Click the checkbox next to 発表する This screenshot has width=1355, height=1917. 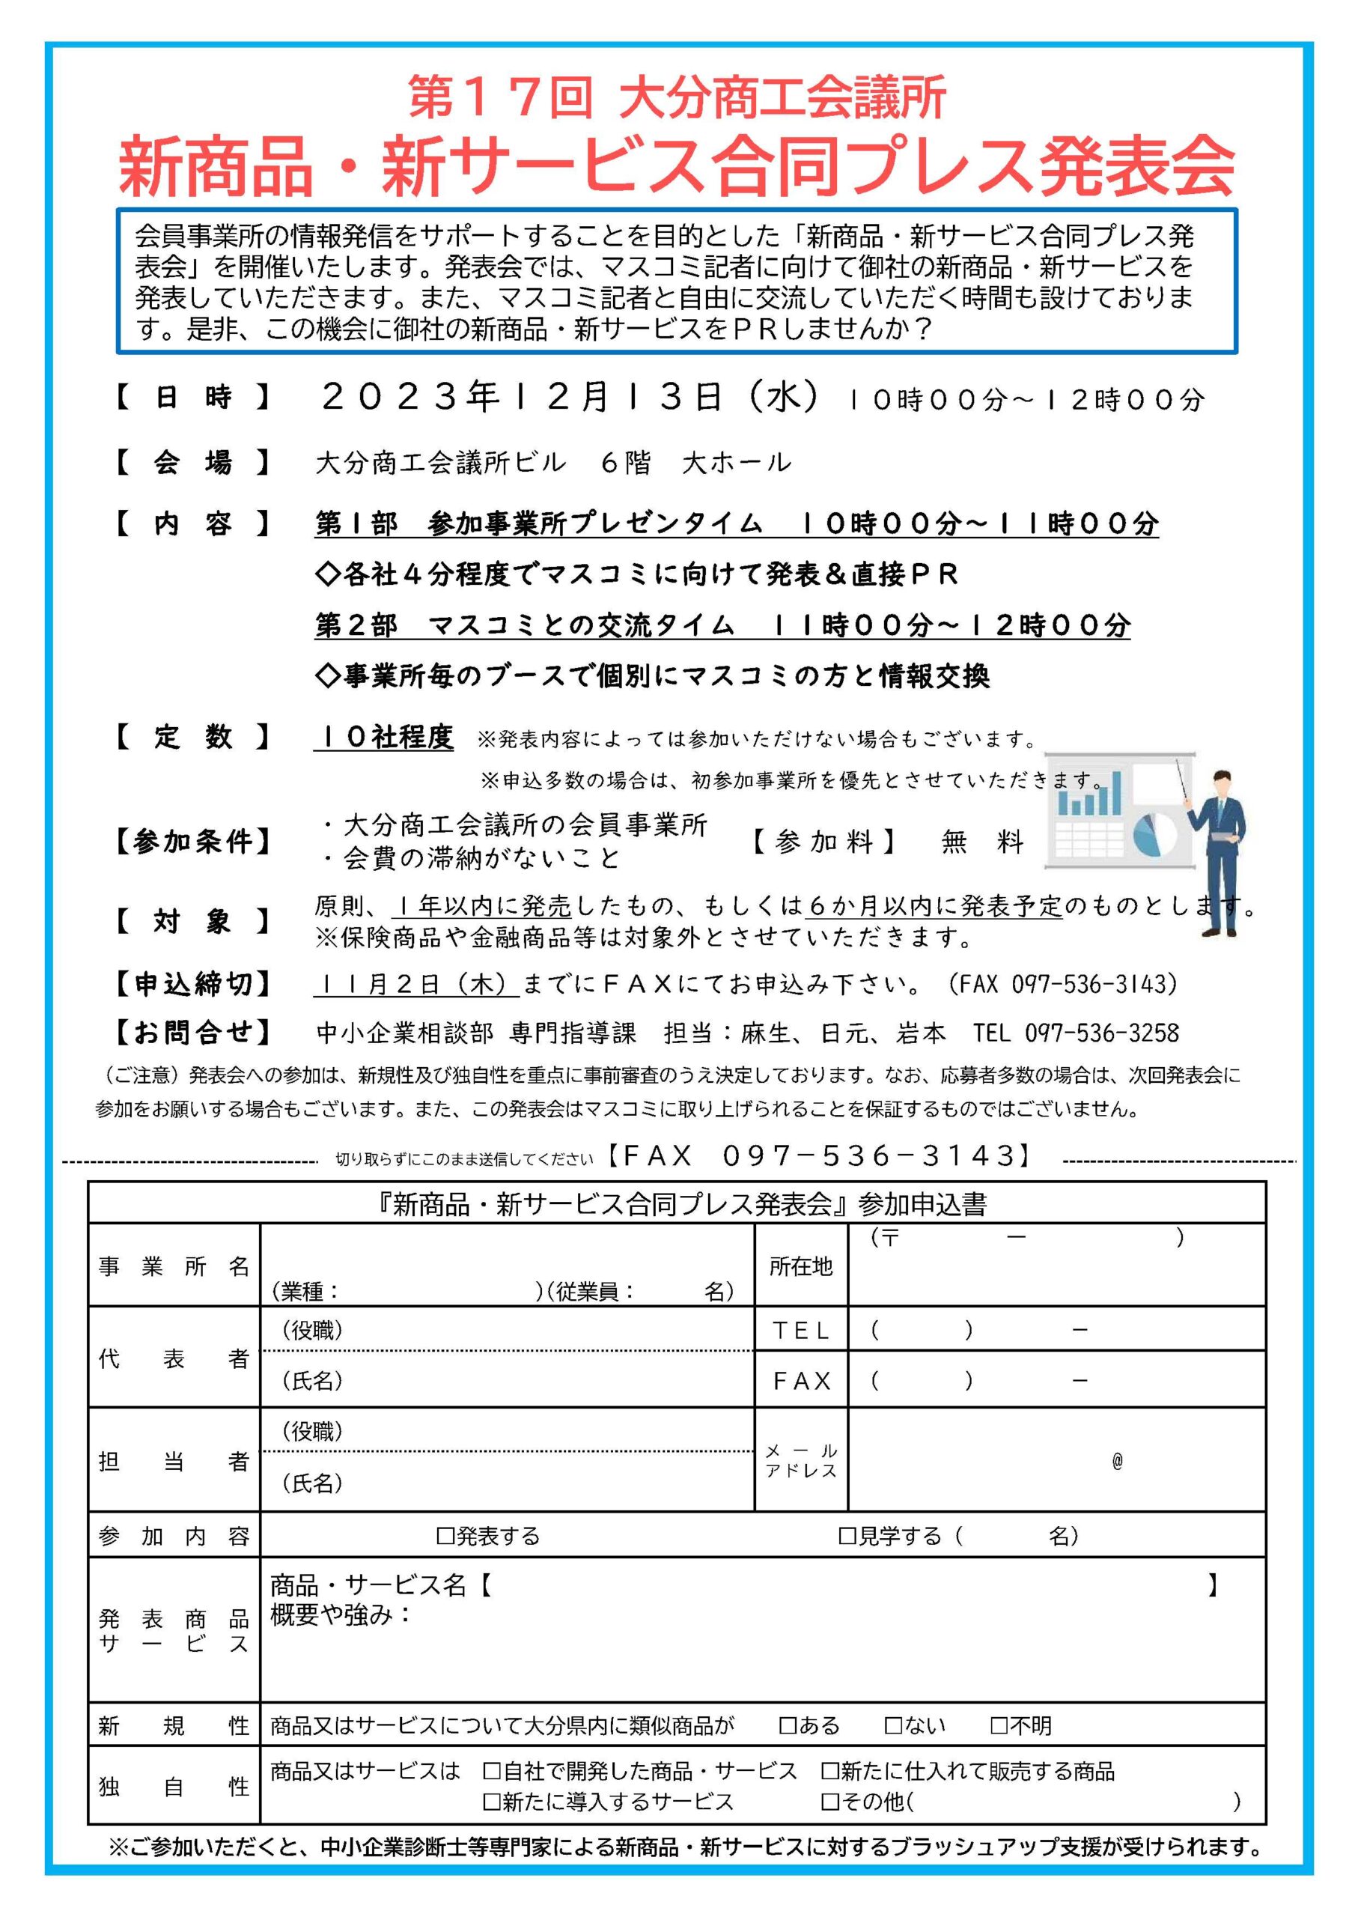click(445, 1535)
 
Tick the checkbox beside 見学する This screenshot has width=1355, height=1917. click(847, 1535)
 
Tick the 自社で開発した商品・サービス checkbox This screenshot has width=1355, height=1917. click(492, 1771)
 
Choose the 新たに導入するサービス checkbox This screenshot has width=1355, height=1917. click(492, 1802)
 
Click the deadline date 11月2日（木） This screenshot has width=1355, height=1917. click(415, 985)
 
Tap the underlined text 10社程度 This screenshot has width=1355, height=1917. click(384, 738)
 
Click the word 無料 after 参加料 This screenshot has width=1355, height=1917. click(981, 842)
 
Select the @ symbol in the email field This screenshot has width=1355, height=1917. click(1117, 1461)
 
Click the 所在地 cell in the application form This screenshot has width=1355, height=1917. click(800, 1266)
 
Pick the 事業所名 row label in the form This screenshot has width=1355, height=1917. click(174, 1266)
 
